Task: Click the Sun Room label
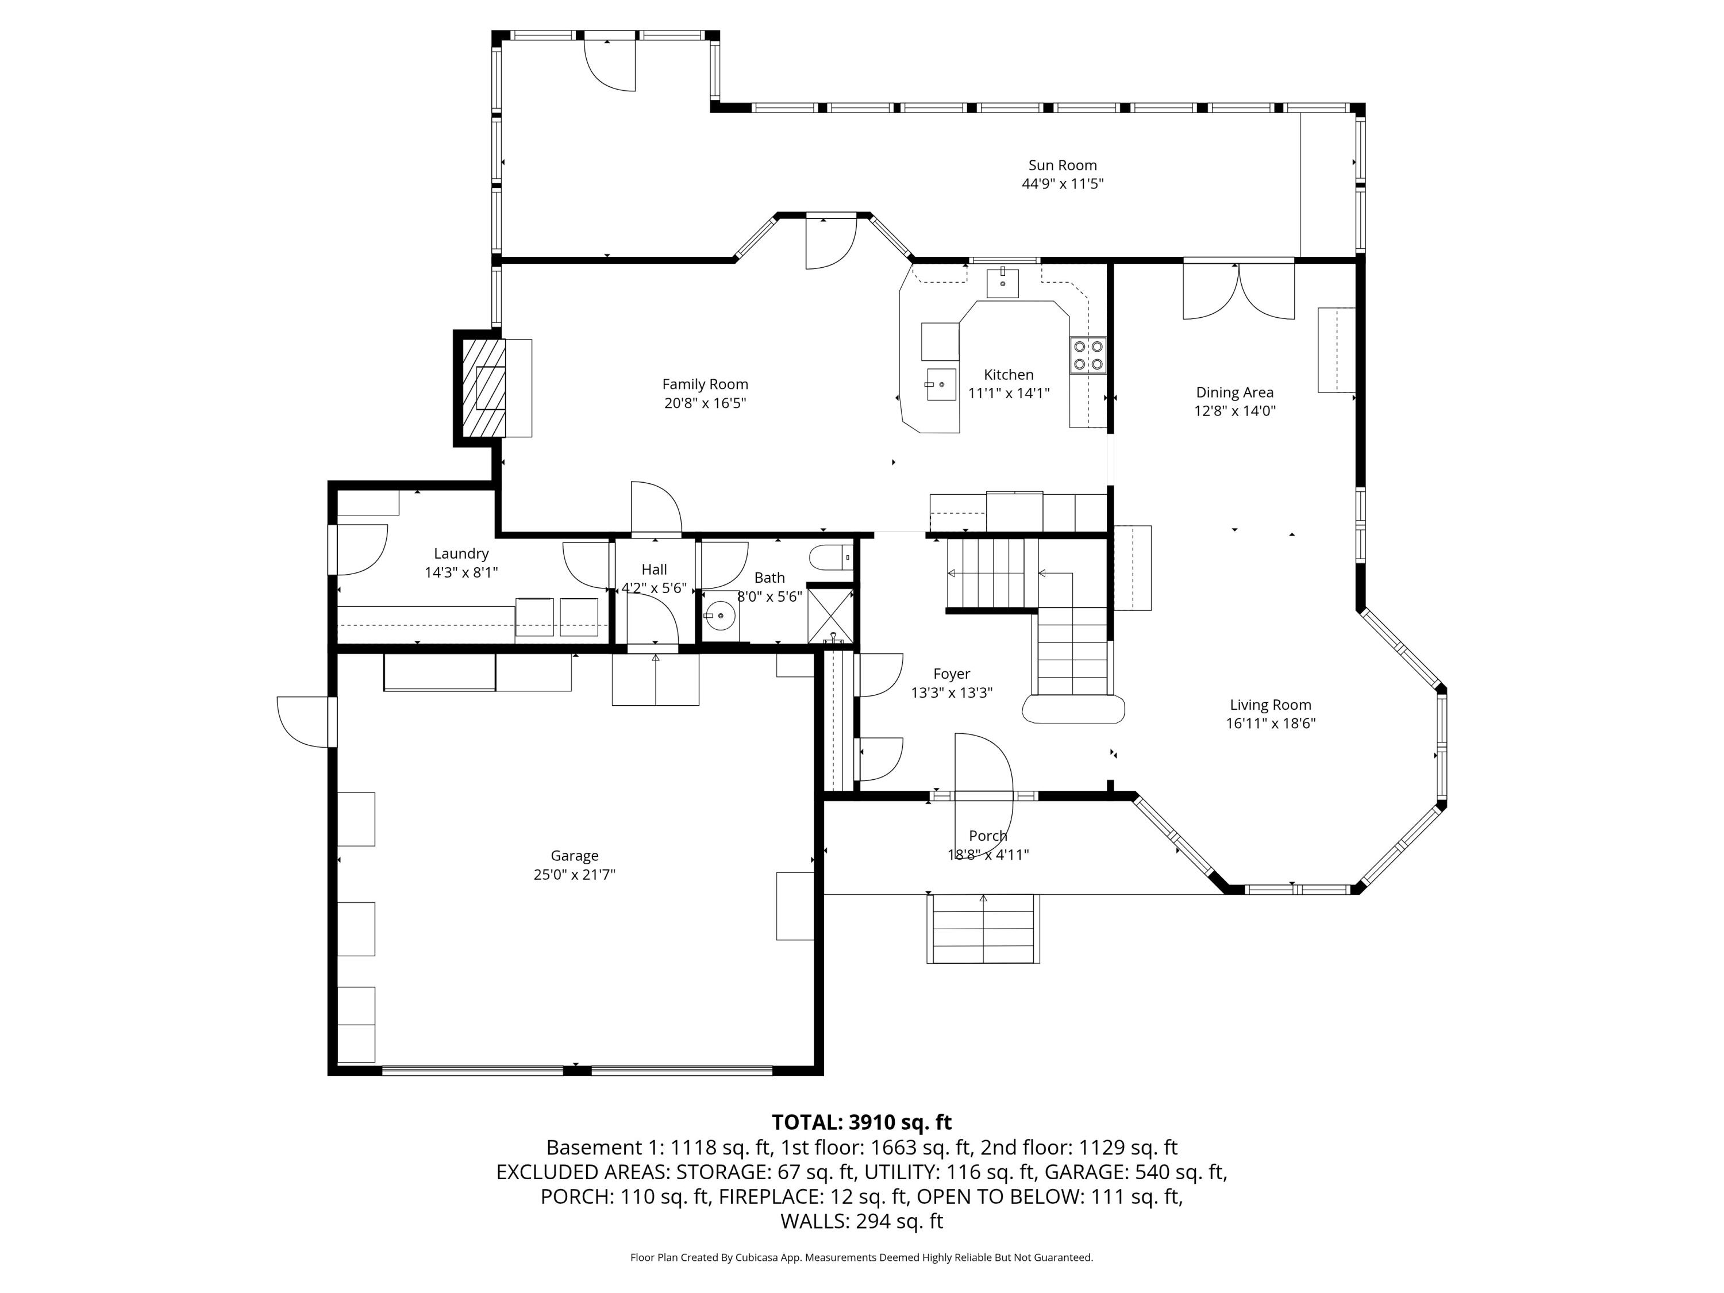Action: tap(1063, 166)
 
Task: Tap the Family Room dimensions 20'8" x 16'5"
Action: tap(705, 403)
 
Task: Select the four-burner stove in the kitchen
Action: tap(1088, 355)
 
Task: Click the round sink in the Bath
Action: tap(721, 615)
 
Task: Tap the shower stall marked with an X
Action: tap(830, 615)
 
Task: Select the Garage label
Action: tap(575, 856)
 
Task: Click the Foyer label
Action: tap(952, 674)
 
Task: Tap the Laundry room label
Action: tap(461, 553)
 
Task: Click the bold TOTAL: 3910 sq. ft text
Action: tap(862, 1122)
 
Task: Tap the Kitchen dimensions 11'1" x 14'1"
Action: tap(1009, 394)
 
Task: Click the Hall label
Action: tap(655, 569)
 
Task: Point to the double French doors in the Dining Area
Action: tap(1238, 290)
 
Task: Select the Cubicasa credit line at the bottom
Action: tap(862, 1257)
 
